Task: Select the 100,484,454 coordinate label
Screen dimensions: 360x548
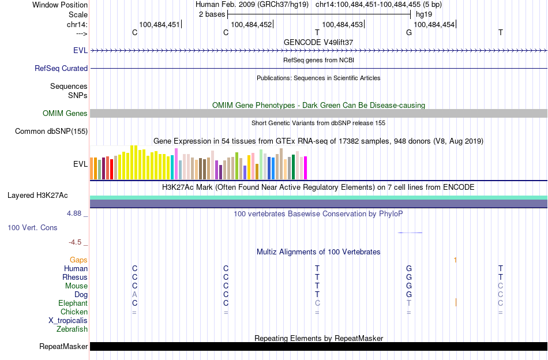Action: tap(434, 25)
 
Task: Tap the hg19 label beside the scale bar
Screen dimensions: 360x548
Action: tap(424, 14)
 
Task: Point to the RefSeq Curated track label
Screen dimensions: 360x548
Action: tap(61, 68)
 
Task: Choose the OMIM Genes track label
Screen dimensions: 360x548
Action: tap(65, 114)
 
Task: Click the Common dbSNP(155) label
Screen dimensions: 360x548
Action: tap(51, 132)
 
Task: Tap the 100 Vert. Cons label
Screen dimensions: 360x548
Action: tap(32, 228)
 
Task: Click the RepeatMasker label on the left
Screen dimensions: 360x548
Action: tap(63, 347)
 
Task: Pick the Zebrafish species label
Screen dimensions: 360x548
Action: tap(72, 329)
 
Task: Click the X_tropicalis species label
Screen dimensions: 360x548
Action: tap(68, 321)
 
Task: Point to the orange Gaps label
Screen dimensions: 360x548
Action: tap(78, 260)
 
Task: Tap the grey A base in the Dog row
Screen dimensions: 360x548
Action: tap(134, 295)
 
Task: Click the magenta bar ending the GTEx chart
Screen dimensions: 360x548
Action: tap(306, 168)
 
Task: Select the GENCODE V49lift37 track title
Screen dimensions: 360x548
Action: tap(318, 42)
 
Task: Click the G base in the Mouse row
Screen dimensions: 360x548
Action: tap(409, 286)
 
